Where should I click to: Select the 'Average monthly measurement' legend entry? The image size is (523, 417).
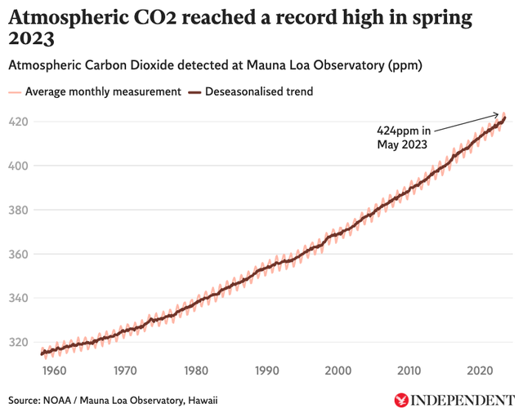pos(95,91)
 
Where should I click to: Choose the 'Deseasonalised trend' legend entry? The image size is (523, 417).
pos(253,91)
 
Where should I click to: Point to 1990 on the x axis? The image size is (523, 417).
pos(266,370)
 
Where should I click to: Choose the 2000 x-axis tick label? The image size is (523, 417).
pos(337,370)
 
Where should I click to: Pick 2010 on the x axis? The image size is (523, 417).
pos(409,370)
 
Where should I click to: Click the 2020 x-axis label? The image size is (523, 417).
pos(480,370)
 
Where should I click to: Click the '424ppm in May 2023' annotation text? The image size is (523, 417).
pos(404,137)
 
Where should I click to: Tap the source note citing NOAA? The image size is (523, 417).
pos(114,400)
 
